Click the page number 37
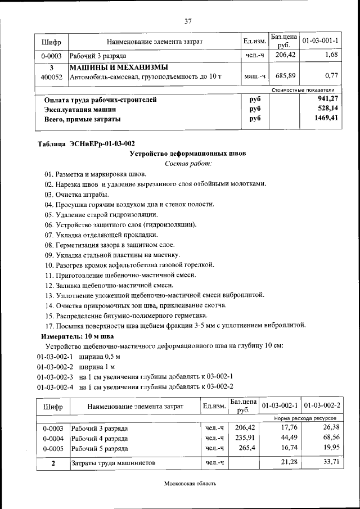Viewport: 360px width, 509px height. click(x=188, y=21)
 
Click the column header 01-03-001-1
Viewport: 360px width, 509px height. click(x=320, y=41)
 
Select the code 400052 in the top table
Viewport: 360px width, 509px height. click(x=52, y=76)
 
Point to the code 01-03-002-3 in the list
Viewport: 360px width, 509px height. click(x=55, y=376)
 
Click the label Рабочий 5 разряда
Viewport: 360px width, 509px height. click(x=100, y=448)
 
